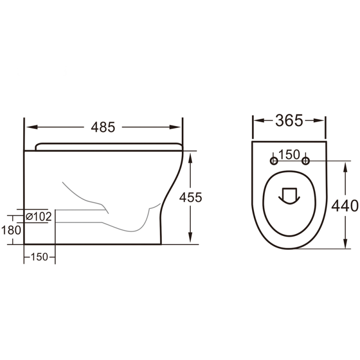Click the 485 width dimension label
coord(103,127)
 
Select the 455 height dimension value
coord(190,197)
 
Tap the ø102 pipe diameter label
coord(38,216)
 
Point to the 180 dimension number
coord(11,230)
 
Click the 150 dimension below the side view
coord(39,257)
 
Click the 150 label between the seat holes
coord(289,154)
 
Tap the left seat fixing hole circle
coord(273,161)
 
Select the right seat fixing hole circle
coord(306,161)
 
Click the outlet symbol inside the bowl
coord(288,195)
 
